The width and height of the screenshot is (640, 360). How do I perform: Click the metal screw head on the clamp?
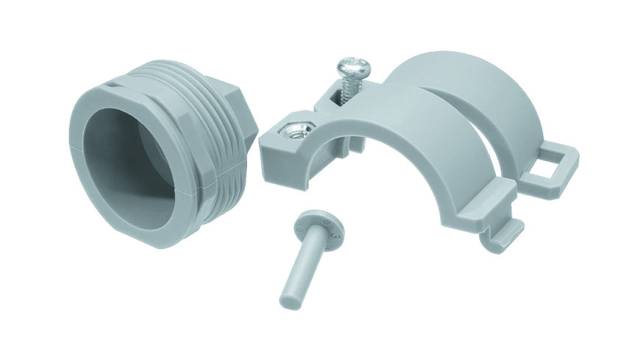coord(351,70)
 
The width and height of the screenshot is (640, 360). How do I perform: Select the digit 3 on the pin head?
coord(335,237)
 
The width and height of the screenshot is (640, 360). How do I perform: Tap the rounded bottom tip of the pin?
coord(289,301)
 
